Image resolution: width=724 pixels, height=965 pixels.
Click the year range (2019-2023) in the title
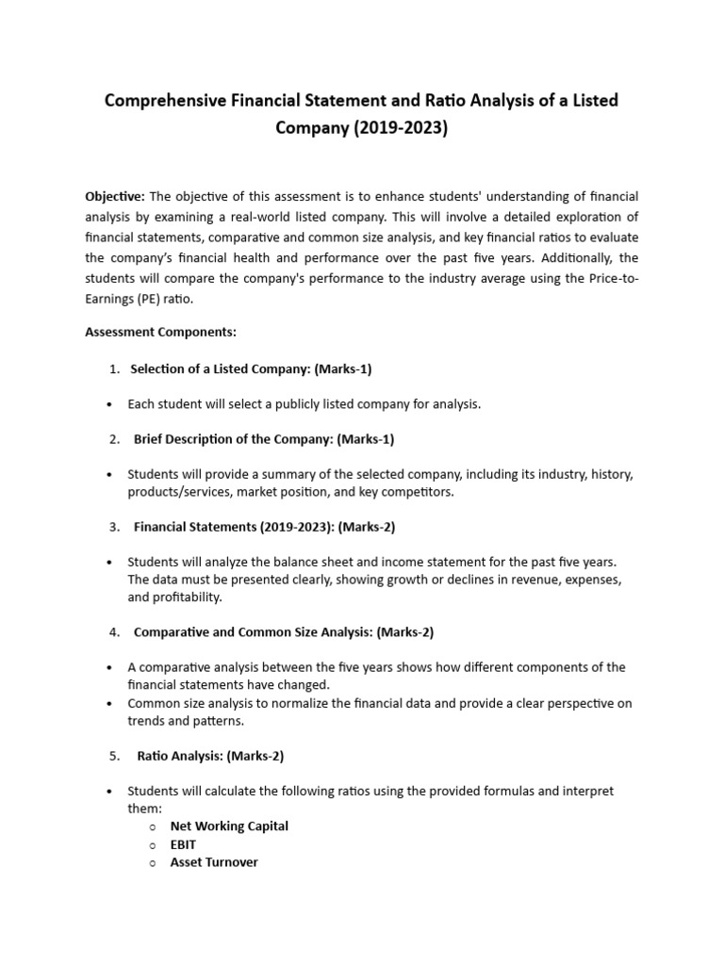coord(400,127)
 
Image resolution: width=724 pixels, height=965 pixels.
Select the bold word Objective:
coord(115,196)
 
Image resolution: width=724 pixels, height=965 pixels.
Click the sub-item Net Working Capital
coord(229,826)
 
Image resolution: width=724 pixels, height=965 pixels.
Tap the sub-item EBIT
coord(183,844)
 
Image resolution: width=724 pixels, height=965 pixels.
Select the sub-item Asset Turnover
coord(214,862)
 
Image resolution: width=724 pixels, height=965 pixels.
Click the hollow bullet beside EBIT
coord(153,845)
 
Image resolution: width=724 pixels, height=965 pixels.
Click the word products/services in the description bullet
coord(180,492)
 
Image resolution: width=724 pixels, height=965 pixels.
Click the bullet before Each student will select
coord(111,404)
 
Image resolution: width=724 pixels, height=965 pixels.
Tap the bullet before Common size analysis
coord(111,703)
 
